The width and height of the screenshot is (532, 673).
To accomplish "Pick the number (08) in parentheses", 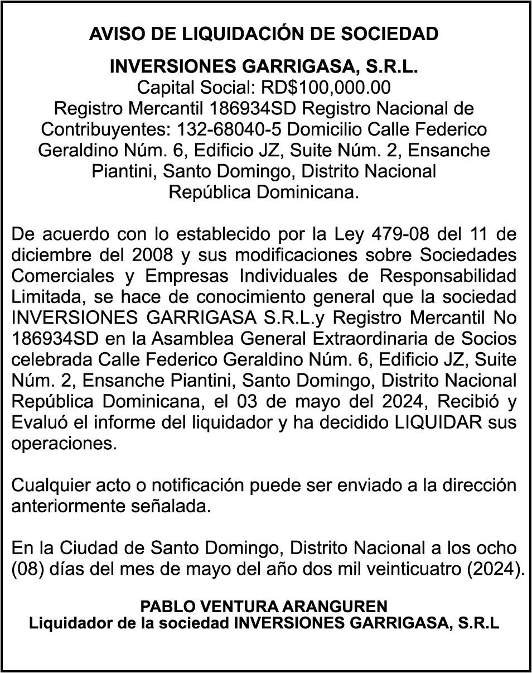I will coord(27,570).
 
